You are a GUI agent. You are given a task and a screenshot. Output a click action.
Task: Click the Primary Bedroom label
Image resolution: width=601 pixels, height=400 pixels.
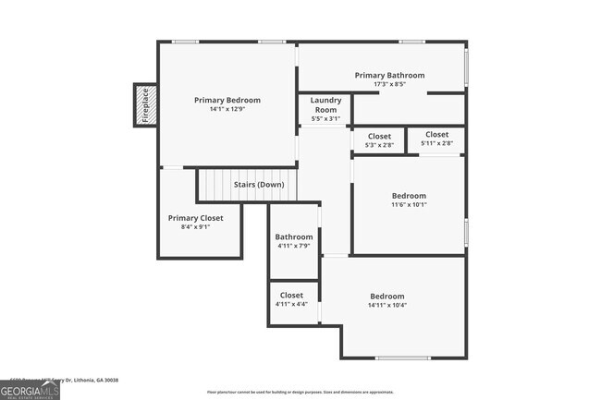point(227,100)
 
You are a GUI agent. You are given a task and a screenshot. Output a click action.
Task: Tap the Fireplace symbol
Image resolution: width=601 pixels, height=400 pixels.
point(144,104)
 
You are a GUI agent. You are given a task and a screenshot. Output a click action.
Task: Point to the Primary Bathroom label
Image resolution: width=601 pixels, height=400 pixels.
point(389,75)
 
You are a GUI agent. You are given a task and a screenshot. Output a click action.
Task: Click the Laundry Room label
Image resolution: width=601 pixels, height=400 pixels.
point(325,104)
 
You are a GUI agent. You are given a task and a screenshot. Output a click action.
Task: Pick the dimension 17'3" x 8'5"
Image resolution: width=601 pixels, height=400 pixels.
point(389,85)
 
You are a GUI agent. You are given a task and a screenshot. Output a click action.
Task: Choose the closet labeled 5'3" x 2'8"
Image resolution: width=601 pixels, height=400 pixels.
point(379,140)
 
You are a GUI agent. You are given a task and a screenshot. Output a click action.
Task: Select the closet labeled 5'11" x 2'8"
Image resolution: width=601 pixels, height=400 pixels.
point(436,139)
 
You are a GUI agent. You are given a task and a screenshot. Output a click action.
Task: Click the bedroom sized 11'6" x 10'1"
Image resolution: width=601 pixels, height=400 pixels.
point(409,200)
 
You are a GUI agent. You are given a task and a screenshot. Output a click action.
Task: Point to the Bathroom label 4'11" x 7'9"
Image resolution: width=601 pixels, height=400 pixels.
point(294,236)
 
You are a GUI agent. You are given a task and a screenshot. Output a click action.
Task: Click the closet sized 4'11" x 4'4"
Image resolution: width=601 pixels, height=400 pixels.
point(291,299)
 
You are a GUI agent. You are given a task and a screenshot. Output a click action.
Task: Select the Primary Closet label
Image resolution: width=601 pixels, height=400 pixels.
point(195,218)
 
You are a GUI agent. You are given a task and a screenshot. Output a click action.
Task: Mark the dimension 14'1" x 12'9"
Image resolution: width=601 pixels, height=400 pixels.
point(227,110)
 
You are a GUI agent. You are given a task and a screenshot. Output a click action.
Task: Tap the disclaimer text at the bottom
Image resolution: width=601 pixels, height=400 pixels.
point(300,393)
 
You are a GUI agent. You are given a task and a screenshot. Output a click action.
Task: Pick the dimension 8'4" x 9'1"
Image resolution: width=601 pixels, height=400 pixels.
point(195,227)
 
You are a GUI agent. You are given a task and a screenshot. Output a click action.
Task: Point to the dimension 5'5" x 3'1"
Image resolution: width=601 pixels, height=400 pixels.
point(325,118)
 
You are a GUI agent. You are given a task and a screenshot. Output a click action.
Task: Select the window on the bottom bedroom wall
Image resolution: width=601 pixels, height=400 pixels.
point(402,358)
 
